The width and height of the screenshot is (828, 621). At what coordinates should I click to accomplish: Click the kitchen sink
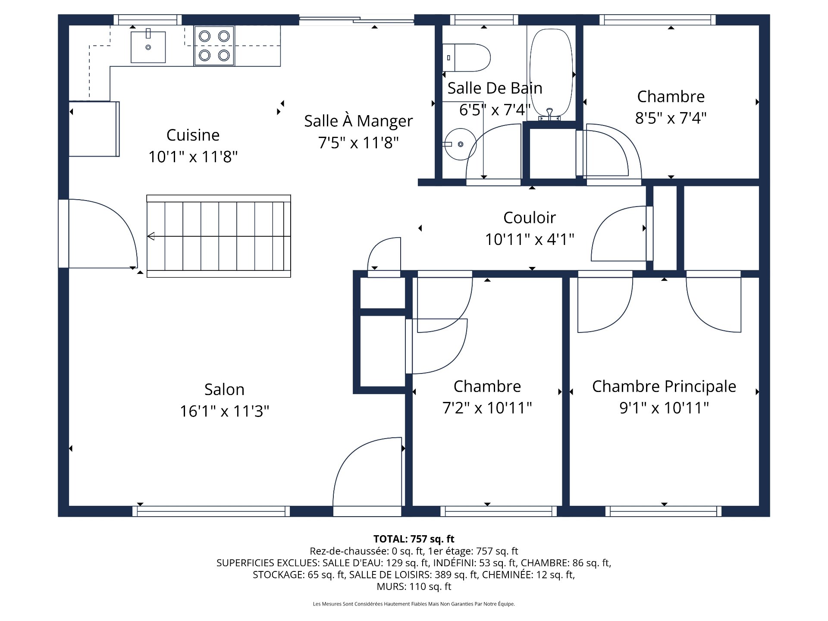[148, 47]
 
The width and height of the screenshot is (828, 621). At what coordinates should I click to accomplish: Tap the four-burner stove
[214, 46]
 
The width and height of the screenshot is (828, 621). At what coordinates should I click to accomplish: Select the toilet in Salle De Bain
[467, 57]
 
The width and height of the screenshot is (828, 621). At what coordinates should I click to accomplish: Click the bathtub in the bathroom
[551, 73]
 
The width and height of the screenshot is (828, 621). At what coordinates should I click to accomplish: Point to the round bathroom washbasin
[460, 144]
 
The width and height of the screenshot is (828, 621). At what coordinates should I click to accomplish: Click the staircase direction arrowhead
[151, 236]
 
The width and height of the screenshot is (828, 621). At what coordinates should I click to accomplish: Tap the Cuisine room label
[193, 135]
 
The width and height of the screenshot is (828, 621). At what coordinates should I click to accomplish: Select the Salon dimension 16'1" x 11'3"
[224, 411]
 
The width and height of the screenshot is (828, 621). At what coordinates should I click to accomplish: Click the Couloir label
[529, 217]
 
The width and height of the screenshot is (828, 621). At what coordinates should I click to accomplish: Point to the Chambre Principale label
[664, 386]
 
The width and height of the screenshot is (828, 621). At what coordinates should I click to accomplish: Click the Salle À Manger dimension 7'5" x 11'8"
[358, 142]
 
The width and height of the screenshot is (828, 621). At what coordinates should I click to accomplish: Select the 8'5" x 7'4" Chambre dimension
[671, 118]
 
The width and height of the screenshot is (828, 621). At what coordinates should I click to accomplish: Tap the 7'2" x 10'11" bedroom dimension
[487, 408]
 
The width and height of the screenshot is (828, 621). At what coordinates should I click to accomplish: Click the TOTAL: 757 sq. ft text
[414, 539]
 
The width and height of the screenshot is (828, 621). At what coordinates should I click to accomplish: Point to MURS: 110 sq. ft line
[414, 586]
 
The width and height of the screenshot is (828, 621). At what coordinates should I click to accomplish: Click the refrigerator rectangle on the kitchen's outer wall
[94, 129]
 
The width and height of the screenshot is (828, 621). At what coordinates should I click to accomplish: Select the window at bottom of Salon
[211, 511]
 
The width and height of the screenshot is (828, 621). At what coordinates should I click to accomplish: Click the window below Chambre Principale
[663, 511]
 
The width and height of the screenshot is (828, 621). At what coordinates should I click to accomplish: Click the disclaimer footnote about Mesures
[414, 604]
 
